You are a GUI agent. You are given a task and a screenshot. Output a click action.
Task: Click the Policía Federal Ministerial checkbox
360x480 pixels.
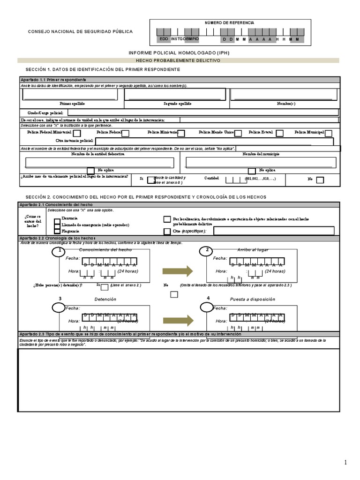[x=77, y=134]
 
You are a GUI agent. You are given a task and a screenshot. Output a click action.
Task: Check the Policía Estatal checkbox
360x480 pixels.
[x=279, y=134]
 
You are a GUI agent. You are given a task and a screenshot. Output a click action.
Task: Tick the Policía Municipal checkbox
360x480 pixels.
[x=329, y=134]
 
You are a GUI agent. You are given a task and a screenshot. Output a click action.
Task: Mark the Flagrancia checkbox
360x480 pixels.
[x=57, y=231]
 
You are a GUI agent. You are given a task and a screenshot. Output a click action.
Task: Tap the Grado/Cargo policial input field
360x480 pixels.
[x=203, y=112]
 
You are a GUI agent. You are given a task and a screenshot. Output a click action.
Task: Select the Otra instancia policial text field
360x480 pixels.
[x=214, y=141]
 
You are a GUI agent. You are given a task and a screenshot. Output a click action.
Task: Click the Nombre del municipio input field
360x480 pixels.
[x=261, y=162]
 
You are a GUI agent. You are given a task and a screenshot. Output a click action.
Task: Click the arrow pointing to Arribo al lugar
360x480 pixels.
[x=178, y=271]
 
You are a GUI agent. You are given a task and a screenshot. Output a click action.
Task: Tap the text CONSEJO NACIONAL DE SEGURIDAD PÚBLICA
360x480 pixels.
[x=81, y=31]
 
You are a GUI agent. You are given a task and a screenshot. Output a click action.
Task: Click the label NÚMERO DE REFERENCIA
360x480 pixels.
[x=229, y=22]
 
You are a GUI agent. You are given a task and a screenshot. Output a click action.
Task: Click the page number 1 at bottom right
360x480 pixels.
[x=346, y=463]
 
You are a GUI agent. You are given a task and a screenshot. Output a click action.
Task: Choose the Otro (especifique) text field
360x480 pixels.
[x=274, y=231]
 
